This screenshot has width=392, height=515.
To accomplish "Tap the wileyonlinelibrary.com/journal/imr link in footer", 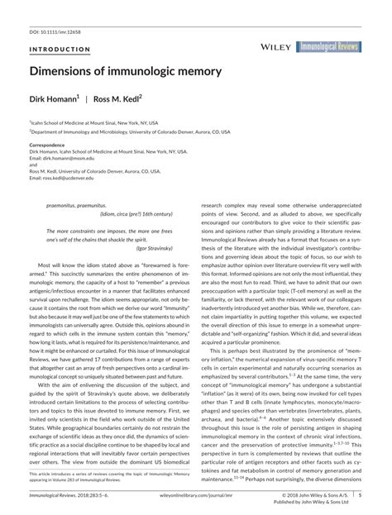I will (196, 496).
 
